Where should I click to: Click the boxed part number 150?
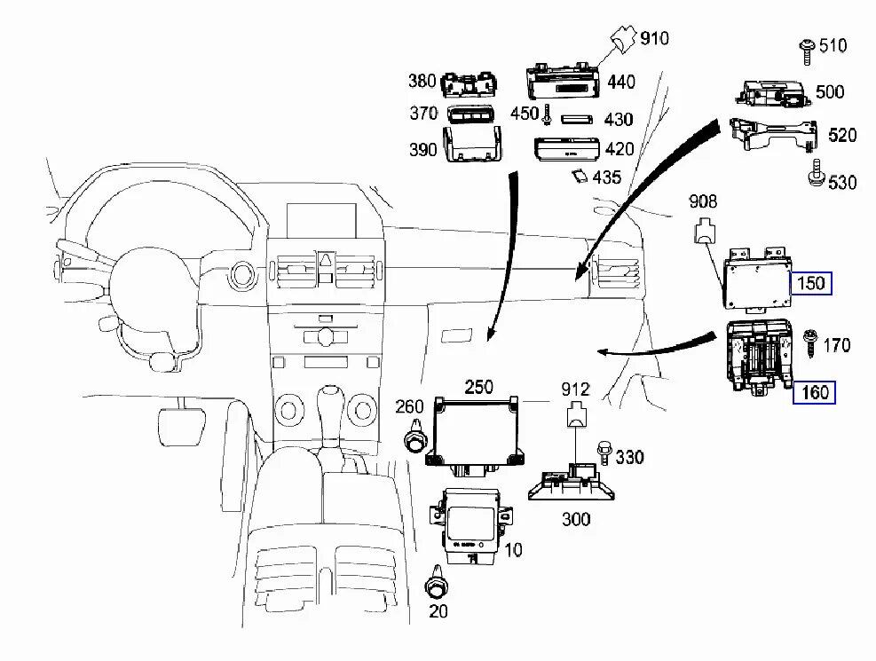tap(811, 284)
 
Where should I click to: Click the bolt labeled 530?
tap(813, 176)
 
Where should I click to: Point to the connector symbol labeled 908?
tap(705, 231)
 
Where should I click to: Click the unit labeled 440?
tap(565, 82)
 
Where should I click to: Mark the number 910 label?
tap(656, 38)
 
